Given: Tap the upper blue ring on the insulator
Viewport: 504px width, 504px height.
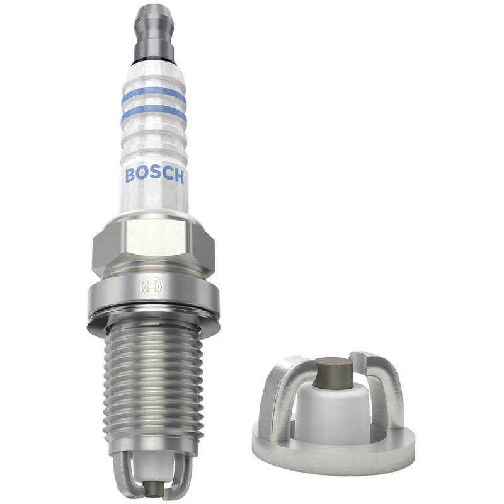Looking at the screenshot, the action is (x=154, y=94).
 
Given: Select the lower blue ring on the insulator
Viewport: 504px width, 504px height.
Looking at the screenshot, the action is (x=154, y=114).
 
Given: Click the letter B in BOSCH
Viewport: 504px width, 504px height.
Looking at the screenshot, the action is (x=130, y=175).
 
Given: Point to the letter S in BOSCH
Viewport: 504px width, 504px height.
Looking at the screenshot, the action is (x=154, y=175).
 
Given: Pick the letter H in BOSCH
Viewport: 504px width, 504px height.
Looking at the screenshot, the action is (x=178, y=176).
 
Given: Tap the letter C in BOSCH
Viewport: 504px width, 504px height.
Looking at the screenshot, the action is (x=166, y=175).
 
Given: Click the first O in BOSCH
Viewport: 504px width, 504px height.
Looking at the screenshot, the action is (x=142, y=175).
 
